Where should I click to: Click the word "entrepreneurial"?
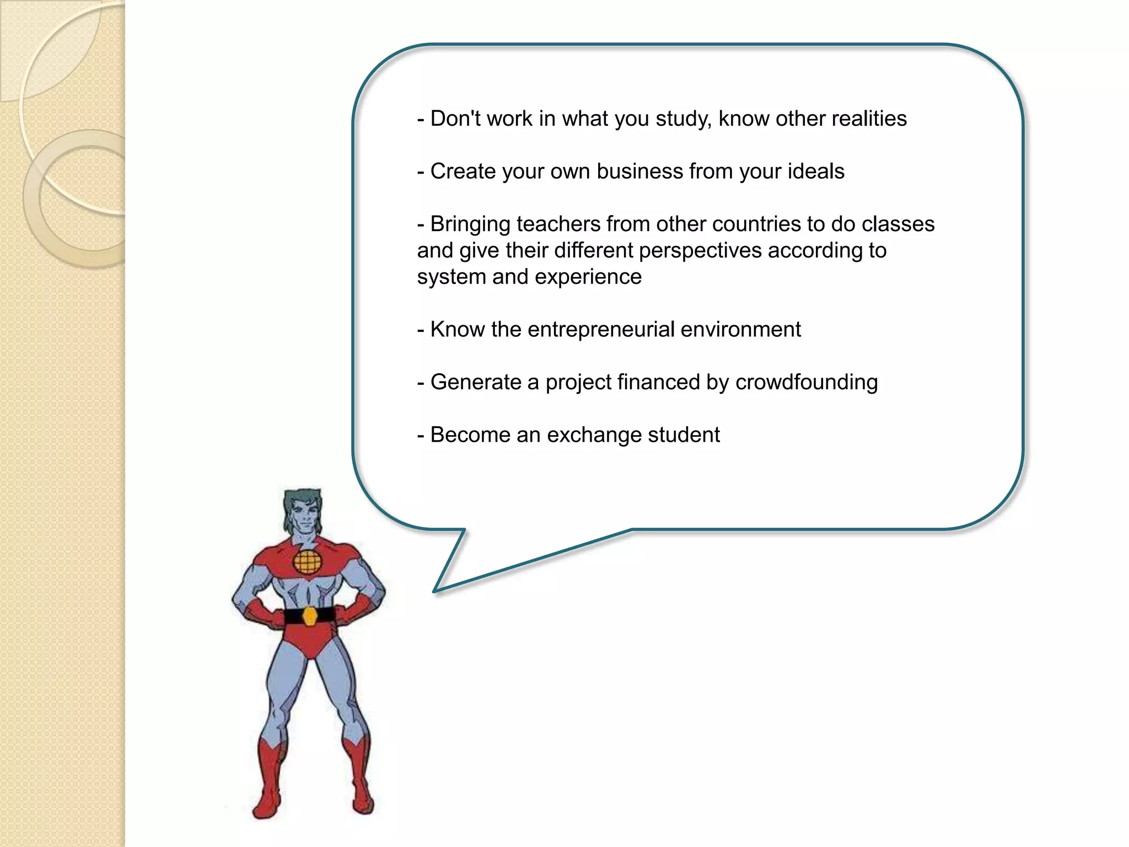(x=601, y=330)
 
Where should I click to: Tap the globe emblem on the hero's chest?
(x=307, y=561)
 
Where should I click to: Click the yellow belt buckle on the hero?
(x=310, y=615)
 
